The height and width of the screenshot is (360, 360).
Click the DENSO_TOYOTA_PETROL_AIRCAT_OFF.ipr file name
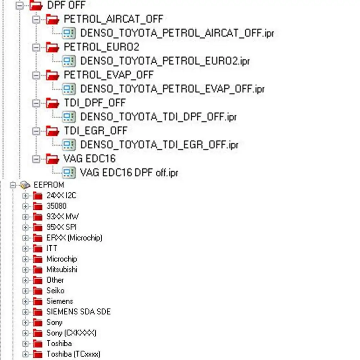(178, 33)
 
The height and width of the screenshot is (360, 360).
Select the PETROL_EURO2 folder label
(101, 47)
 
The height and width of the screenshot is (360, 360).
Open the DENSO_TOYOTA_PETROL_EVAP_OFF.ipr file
(172, 89)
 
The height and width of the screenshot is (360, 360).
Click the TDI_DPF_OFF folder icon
(53, 103)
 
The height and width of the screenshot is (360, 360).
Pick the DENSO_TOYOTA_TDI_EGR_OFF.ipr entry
(159, 145)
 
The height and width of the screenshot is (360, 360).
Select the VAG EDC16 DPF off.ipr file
(129, 173)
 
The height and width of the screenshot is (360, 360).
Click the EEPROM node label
(49, 185)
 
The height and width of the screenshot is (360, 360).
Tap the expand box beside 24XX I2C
(25, 196)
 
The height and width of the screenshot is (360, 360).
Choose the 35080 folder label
(56, 206)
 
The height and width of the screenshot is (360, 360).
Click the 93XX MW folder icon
(38, 217)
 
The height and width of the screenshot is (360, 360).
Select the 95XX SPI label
(61, 227)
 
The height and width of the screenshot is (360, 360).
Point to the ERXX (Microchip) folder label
(74, 238)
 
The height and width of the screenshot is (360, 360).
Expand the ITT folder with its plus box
(25, 249)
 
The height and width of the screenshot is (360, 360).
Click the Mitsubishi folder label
(61, 269)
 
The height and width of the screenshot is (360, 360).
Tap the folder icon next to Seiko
(38, 291)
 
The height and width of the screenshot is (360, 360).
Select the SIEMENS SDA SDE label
(78, 312)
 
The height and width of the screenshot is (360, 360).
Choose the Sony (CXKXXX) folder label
(71, 333)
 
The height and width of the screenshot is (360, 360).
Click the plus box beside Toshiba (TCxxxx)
(25, 354)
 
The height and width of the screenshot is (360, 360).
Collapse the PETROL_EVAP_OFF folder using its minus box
(36, 75)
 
